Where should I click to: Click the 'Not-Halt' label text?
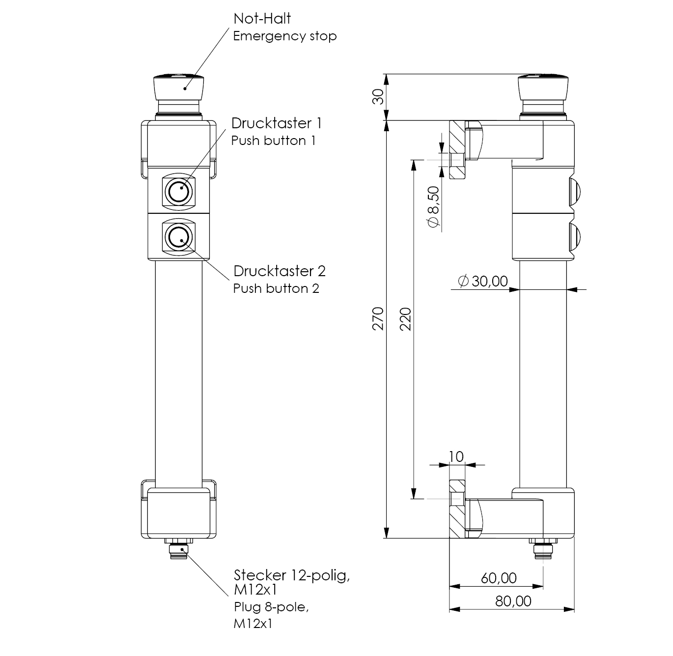(x=262, y=19)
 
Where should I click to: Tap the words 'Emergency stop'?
(x=284, y=36)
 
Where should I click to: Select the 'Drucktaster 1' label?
(x=277, y=123)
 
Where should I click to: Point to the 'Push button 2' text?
(x=276, y=288)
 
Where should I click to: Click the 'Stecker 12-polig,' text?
(x=292, y=575)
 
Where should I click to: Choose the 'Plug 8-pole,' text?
(x=271, y=607)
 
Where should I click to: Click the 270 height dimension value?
(x=378, y=318)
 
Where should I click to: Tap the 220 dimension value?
(x=405, y=318)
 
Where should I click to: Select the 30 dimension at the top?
(x=377, y=97)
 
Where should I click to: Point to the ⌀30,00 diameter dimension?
(x=482, y=281)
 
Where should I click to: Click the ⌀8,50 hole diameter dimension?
(x=433, y=207)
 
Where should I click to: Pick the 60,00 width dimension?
(x=499, y=578)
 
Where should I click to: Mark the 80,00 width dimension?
(x=513, y=601)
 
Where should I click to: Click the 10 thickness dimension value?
(x=456, y=456)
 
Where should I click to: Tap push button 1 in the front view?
(x=178, y=190)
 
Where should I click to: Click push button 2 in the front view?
(x=178, y=238)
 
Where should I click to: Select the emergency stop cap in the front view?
(x=178, y=87)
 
